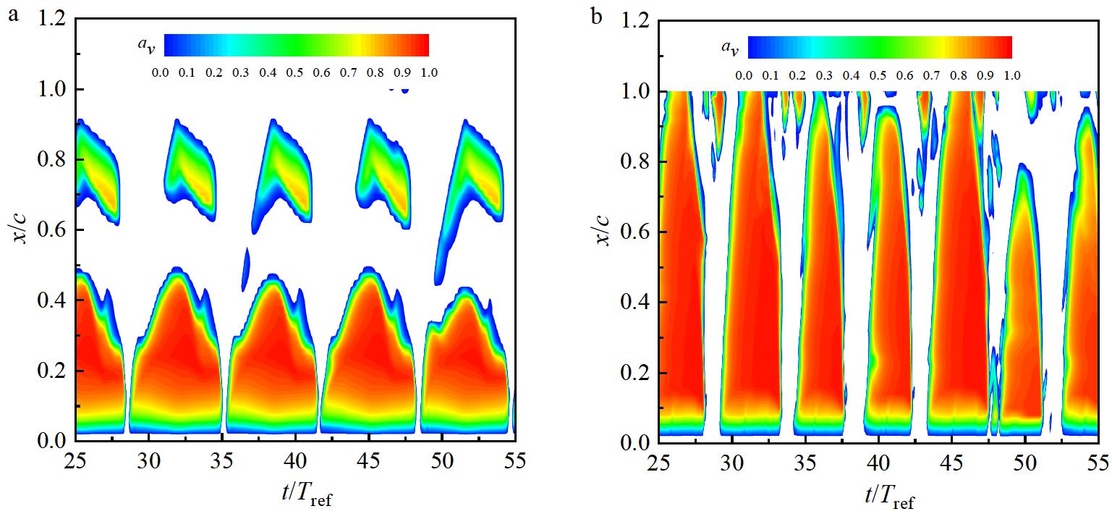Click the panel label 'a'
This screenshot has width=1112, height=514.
[x=12, y=16]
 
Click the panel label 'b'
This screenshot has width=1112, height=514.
[x=596, y=16]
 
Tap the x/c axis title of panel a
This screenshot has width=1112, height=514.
[x=22, y=229]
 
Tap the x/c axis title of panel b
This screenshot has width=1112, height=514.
[x=605, y=231]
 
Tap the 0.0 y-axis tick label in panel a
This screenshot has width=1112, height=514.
[x=53, y=441]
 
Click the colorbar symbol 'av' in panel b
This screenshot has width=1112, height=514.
[x=729, y=48]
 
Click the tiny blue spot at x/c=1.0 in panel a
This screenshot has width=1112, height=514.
[x=399, y=90]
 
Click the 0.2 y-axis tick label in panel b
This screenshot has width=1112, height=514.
[x=636, y=372]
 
